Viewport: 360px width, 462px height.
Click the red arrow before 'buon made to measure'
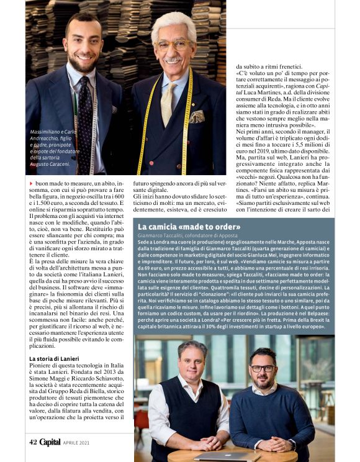click(x=32, y=184)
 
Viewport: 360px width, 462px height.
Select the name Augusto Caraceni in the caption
click(x=53, y=165)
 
